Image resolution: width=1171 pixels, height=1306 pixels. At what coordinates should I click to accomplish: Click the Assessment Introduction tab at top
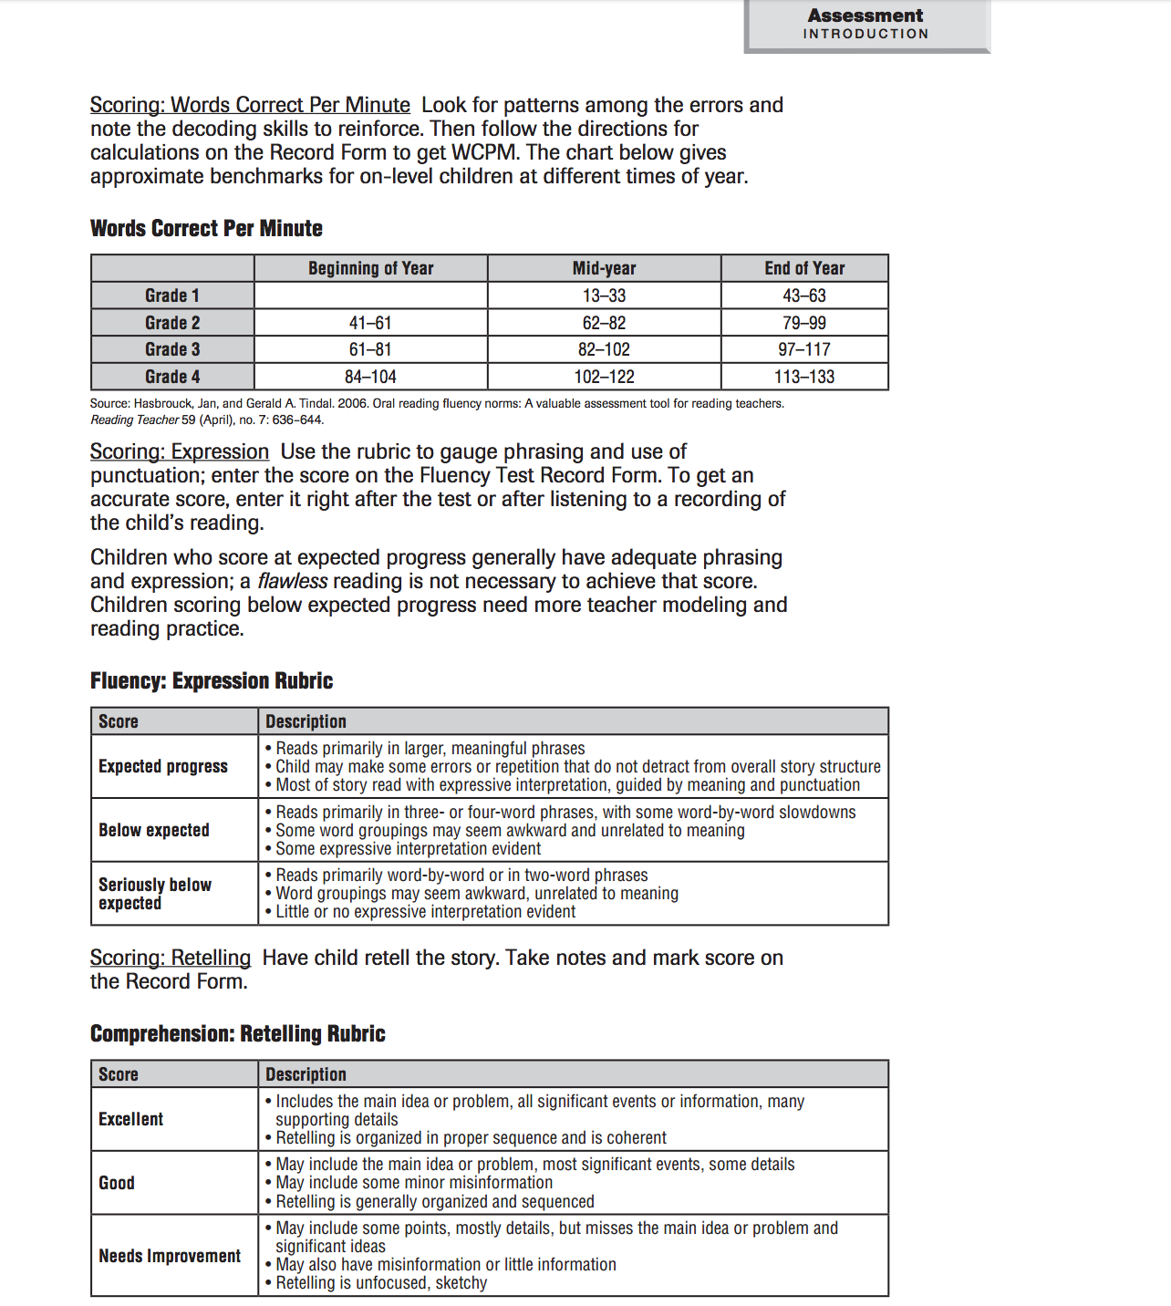[865, 25]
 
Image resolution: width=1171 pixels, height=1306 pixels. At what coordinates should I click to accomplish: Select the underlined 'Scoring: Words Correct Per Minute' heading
[250, 105]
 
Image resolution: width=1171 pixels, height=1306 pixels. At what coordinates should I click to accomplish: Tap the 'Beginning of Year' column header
[370, 268]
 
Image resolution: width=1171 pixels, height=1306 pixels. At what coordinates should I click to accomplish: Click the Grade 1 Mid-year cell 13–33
[604, 295]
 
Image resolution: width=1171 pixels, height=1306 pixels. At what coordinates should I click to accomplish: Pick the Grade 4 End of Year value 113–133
[803, 377]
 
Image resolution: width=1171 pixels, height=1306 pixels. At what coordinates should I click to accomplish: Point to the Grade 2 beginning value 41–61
[370, 323]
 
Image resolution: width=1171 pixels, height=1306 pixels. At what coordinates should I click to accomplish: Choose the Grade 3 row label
[172, 349]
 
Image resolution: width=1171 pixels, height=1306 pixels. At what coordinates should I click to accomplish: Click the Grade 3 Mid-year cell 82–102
[604, 349]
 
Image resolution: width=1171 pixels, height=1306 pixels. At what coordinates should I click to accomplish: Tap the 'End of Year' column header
[803, 268]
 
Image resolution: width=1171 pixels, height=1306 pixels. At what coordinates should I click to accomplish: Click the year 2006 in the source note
[352, 403]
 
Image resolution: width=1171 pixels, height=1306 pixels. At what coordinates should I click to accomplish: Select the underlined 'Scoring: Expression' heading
[180, 451]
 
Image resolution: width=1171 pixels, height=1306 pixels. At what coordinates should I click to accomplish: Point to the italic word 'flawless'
[292, 581]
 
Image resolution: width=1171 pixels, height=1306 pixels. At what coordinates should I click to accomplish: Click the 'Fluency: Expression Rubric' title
[212, 680]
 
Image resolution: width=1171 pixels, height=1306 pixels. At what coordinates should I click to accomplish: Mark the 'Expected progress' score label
[163, 766]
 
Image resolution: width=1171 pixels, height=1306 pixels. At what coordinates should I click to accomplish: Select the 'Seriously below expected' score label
[155, 894]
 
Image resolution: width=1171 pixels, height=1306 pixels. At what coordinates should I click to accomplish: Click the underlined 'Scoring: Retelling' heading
[171, 958]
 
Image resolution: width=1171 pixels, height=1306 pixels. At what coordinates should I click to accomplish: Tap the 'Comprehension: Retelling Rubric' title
[238, 1033]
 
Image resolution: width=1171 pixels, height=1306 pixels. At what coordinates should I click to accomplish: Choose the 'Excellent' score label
[131, 1119]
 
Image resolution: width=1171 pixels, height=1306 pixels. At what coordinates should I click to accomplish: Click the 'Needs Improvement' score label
[170, 1256]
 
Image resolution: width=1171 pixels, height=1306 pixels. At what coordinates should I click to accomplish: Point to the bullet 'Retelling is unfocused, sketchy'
[381, 1283]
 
